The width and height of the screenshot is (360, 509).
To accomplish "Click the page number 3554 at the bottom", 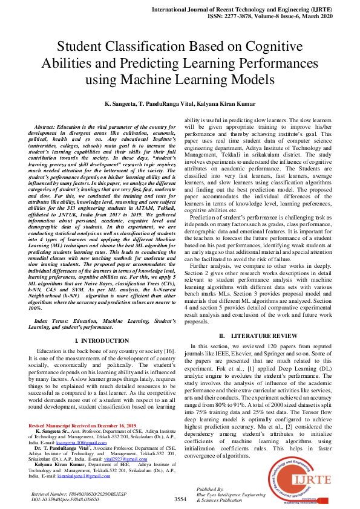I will (180, 499).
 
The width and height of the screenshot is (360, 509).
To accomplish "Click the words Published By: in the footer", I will (211, 488).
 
